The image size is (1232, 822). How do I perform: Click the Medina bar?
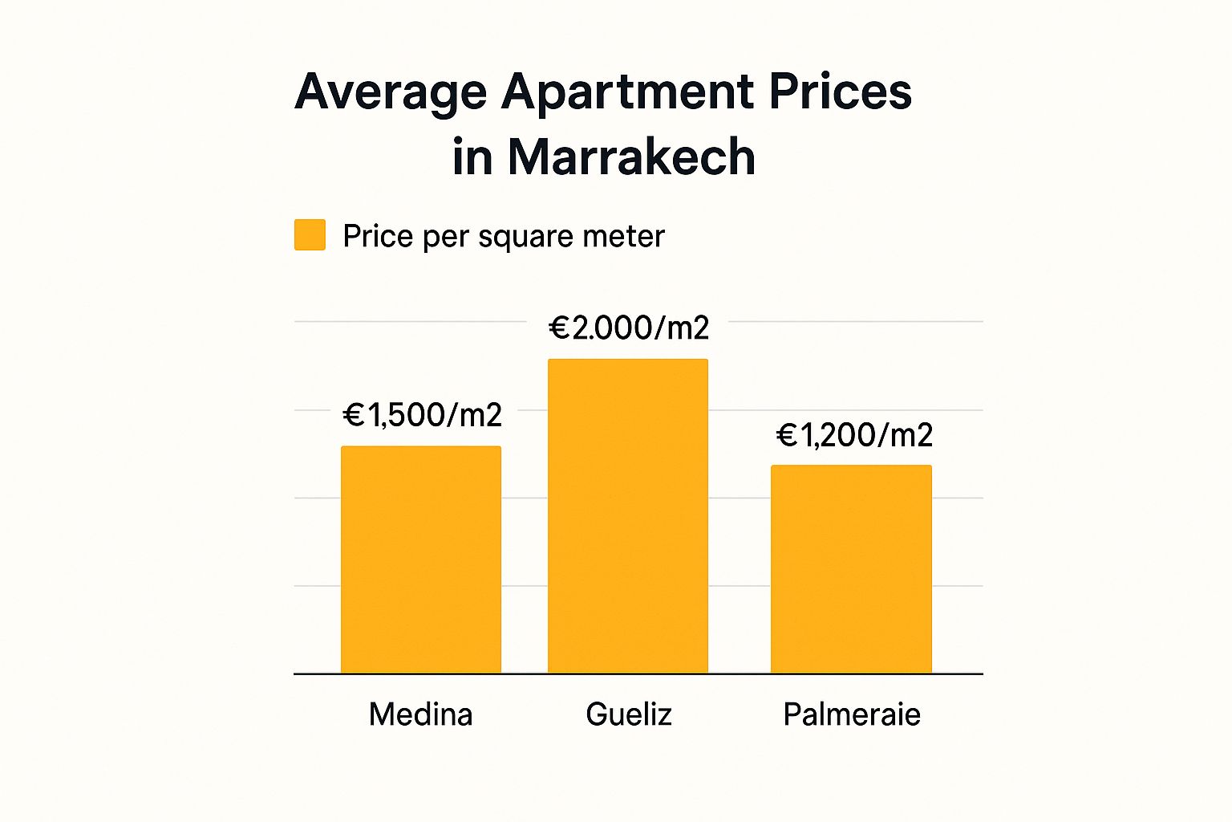pyautogui.click(x=421, y=560)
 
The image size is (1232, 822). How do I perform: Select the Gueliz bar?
pyautogui.click(x=628, y=516)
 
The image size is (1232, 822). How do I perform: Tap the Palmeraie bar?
pyautogui.click(x=851, y=569)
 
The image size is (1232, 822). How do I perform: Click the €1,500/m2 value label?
pyautogui.click(x=423, y=415)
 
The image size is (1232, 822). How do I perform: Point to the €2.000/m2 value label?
pyautogui.click(x=629, y=328)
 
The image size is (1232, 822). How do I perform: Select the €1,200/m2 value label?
pyautogui.click(x=855, y=435)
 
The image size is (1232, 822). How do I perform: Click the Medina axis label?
pyautogui.click(x=421, y=714)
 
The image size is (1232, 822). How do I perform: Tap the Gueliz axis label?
pyautogui.click(x=629, y=714)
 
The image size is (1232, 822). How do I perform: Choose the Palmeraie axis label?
pyautogui.click(x=852, y=714)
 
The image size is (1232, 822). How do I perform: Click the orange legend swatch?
pyautogui.click(x=310, y=235)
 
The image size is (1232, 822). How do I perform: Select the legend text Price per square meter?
pyautogui.click(x=504, y=236)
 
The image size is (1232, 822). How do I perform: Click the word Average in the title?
pyautogui.click(x=391, y=92)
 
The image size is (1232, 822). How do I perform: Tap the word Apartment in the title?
pyautogui.click(x=627, y=92)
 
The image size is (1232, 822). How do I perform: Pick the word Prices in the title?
pyautogui.click(x=840, y=91)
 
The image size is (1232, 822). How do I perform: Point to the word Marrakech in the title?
pyautogui.click(x=632, y=156)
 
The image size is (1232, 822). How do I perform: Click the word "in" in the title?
pyautogui.click(x=472, y=156)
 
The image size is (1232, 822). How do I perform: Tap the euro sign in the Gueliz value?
pyautogui.click(x=559, y=328)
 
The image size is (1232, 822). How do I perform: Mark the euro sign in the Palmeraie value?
pyautogui.click(x=788, y=435)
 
